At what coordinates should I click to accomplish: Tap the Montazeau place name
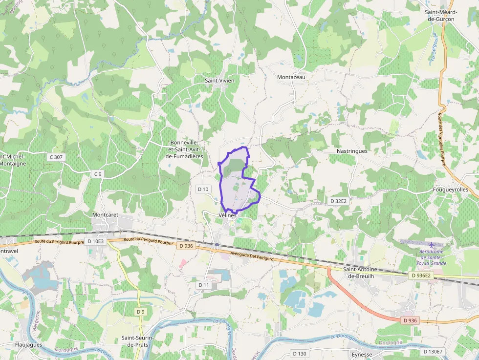(x=291, y=77)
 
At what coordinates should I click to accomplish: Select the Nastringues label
(x=352, y=151)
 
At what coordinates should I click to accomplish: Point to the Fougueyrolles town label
(x=450, y=190)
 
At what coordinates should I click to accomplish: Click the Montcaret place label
(x=106, y=214)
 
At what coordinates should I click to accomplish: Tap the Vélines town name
(x=227, y=215)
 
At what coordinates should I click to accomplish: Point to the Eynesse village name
(x=362, y=355)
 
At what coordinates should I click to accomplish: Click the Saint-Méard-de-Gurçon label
(x=441, y=16)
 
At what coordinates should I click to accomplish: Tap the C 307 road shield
(x=56, y=157)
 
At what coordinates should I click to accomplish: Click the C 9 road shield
(x=98, y=174)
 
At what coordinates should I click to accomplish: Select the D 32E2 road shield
(x=338, y=201)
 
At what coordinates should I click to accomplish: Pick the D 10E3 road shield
(x=96, y=241)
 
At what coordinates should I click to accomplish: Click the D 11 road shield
(x=204, y=285)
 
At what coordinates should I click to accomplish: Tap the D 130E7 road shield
(x=433, y=352)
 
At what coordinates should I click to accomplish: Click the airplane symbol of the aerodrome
(x=432, y=244)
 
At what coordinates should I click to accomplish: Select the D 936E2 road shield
(x=421, y=275)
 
